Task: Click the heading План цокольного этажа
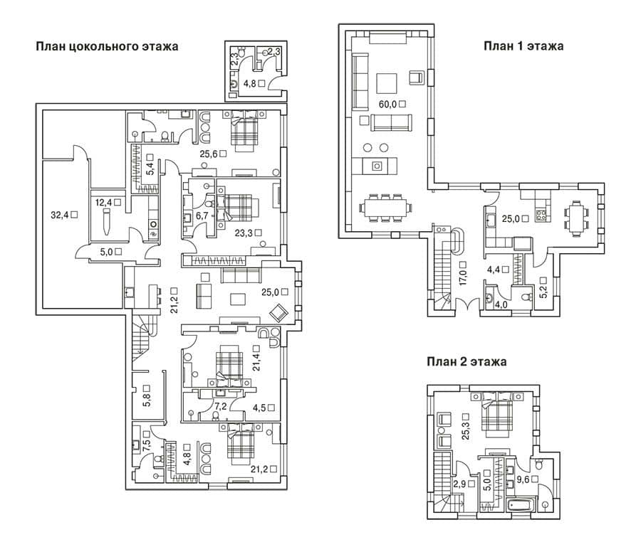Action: click(107, 46)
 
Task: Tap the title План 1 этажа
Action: click(523, 46)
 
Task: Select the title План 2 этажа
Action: click(467, 361)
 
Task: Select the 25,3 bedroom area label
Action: click(466, 430)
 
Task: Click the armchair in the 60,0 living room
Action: click(417, 77)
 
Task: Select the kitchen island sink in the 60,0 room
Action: click(377, 166)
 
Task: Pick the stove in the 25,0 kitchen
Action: click(541, 215)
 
